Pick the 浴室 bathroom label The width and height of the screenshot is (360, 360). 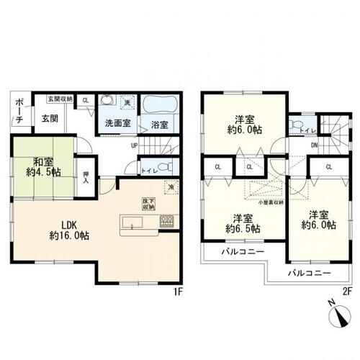[x=160, y=124]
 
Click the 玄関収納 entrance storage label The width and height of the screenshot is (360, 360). [x=60, y=99]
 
